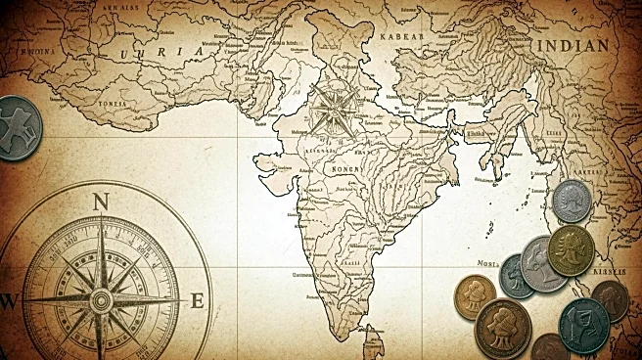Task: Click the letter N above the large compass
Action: point(100,202)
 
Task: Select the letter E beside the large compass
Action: point(197,301)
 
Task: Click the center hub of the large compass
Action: point(100,300)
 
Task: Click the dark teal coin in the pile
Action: point(584,324)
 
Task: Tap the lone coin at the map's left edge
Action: point(17,127)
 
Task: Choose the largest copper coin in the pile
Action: point(502,329)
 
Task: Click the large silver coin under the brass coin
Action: point(541,263)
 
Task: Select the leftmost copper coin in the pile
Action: point(476,295)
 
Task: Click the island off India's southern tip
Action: point(374,344)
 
